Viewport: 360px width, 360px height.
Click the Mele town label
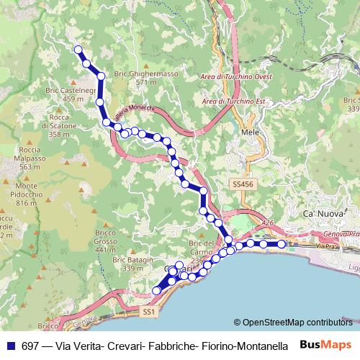click(250, 134)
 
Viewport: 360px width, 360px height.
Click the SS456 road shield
click(243, 185)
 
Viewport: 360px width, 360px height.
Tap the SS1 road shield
click(148, 312)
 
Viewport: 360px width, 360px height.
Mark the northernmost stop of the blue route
click(78, 50)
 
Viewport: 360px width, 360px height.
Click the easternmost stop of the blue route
click(282, 244)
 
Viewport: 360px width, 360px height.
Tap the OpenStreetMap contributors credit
click(297, 323)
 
